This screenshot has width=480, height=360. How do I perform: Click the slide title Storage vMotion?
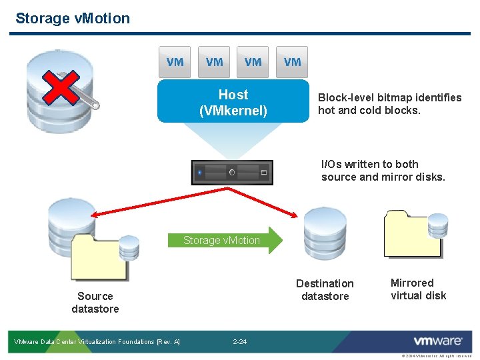(x=73, y=18)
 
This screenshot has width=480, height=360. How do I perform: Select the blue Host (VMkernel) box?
(x=233, y=103)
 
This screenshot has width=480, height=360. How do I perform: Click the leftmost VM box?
(x=175, y=62)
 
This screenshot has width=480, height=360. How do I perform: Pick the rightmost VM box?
(x=292, y=62)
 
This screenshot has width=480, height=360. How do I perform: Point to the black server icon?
(x=232, y=173)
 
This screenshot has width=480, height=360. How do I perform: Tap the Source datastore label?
(x=95, y=302)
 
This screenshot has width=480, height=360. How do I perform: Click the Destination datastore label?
(x=325, y=289)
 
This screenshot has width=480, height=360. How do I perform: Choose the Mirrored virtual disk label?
(x=418, y=289)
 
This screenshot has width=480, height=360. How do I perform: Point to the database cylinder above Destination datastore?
(x=324, y=233)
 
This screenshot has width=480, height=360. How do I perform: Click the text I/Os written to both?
(x=370, y=164)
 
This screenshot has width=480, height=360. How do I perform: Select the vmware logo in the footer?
(x=437, y=341)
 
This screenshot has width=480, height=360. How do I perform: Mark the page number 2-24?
(x=240, y=342)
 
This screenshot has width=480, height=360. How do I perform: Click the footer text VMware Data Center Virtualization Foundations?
(x=97, y=342)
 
